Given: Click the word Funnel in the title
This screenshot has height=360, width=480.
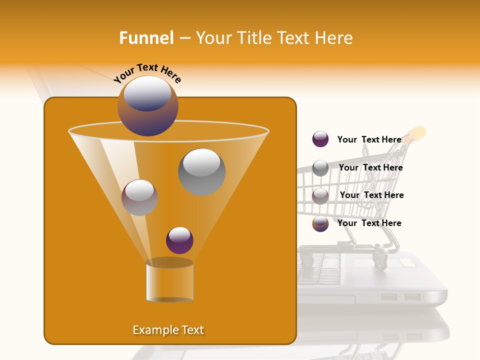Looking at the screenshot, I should pyautogui.click(x=146, y=38).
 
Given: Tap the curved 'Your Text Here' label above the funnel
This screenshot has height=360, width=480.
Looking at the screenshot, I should pyautogui.click(x=147, y=73).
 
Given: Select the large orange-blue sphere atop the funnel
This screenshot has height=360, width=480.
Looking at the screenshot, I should pyautogui.click(x=148, y=105).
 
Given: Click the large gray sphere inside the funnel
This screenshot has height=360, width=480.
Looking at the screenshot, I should pyautogui.click(x=201, y=171).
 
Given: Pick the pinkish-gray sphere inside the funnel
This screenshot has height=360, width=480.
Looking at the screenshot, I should pyautogui.click(x=139, y=197).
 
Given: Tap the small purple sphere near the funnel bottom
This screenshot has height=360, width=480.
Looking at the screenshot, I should pyautogui.click(x=179, y=240).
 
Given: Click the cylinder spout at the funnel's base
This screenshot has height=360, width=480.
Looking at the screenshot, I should pyautogui.click(x=169, y=281).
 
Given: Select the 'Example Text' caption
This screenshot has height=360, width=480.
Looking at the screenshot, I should pyautogui.click(x=168, y=330).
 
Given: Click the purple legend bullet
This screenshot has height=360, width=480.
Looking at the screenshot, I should pyautogui.click(x=320, y=139).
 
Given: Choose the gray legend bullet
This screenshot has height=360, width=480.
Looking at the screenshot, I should pyautogui.click(x=320, y=168).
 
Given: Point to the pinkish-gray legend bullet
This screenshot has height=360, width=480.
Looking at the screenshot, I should pyautogui.click(x=320, y=195).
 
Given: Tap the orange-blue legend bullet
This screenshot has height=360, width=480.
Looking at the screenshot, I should pyautogui.click(x=320, y=223).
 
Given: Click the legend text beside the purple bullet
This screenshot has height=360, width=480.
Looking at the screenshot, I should pyautogui.click(x=369, y=139).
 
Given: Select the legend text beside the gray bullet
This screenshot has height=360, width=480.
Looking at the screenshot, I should pyautogui.click(x=370, y=167).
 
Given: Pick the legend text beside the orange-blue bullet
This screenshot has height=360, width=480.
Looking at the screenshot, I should pyautogui.click(x=369, y=223).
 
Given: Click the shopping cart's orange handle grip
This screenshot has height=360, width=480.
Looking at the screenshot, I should pyautogui.click(x=418, y=133).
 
